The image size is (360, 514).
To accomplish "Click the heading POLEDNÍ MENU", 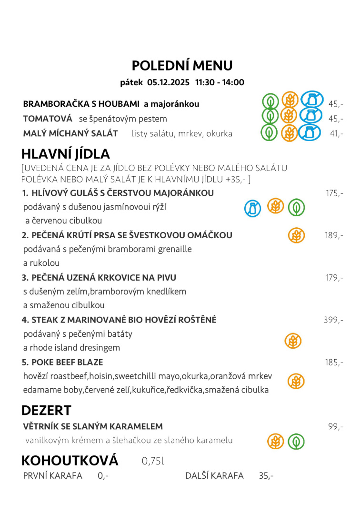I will point(182,65).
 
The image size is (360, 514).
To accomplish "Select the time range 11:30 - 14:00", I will point(220,82).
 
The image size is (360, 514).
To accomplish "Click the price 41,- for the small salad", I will point(336,133).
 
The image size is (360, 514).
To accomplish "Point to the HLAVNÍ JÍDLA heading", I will point(66,154).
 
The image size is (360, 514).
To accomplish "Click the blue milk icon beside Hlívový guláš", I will point(253,208).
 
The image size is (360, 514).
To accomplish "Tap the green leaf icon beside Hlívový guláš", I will point(296,207).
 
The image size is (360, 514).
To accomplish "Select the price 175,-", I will point(334,193).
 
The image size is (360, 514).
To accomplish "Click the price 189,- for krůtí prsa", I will point(334,235).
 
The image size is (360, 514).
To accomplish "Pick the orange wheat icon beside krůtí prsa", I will point(296,235).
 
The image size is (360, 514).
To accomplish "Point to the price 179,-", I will point(334,278).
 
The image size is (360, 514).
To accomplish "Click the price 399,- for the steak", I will point(333,320).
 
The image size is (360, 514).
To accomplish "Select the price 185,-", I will point(334,362).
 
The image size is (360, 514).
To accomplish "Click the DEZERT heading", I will point(46,410).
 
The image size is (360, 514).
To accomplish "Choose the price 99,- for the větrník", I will point(336,426).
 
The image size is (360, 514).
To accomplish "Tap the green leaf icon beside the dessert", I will point(296,442).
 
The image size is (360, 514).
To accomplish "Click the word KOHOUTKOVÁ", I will point(70,461).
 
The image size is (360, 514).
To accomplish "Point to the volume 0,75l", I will point(152,461).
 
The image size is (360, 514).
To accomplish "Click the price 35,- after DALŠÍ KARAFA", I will point(266,476).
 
